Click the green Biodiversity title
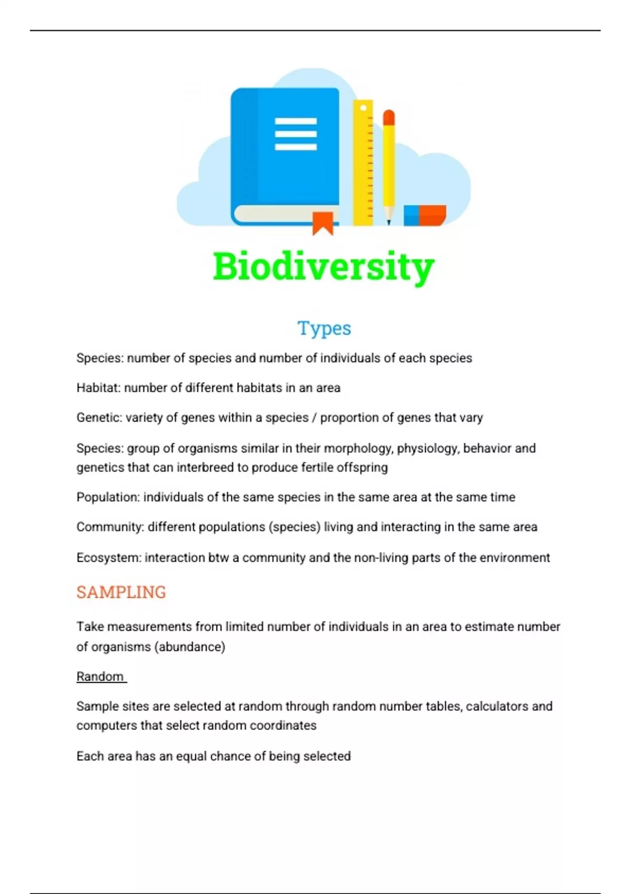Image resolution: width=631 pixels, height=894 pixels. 323,267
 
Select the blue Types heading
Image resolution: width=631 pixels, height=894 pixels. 324,328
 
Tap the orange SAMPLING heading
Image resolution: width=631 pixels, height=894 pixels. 121,592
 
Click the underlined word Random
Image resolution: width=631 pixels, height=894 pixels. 100,676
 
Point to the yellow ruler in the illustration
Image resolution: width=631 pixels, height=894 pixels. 363,163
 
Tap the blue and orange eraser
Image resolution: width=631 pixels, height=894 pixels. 425,216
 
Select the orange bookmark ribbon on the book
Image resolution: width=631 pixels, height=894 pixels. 323,223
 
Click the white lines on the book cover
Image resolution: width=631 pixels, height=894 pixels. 296,134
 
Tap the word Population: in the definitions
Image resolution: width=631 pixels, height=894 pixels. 108,497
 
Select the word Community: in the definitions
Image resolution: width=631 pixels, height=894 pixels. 110,527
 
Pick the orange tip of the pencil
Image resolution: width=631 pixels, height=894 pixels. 389,117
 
